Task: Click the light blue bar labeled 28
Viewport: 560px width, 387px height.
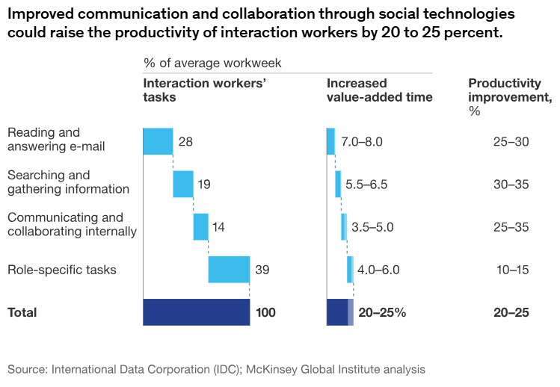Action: click(x=158, y=141)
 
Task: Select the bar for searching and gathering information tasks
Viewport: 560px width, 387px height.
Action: click(x=183, y=184)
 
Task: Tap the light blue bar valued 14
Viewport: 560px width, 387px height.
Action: click(x=200, y=226)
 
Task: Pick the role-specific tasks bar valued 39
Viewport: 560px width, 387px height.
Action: click(x=229, y=269)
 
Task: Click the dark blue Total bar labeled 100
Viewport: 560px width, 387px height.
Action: click(x=196, y=312)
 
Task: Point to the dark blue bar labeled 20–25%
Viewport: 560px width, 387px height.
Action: click(x=338, y=312)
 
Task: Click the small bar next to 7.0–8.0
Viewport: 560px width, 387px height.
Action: click(x=330, y=141)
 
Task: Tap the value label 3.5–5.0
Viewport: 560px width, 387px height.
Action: click(x=372, y=226)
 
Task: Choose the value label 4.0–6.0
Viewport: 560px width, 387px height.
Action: click(x=379, y=270)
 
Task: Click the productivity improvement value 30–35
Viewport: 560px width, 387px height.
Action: click(x=511, y=184)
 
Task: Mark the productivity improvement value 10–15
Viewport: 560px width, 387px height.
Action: click(x=512, y=270)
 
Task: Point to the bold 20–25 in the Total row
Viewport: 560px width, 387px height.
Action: click(x=511, y=313)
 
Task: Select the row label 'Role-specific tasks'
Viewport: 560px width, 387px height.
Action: click(x=61, y=270)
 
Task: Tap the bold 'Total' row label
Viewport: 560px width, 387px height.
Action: click(x=22, y=313)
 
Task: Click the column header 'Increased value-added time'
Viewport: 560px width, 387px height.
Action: click(x=379, y=90)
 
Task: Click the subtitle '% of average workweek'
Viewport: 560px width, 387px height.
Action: click(x=212, y=64)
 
